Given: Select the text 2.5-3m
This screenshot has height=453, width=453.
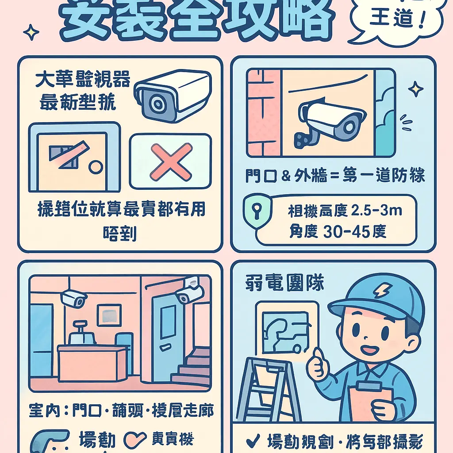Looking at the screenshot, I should point(376,211).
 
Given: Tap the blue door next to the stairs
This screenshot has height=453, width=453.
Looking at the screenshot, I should point(168,336).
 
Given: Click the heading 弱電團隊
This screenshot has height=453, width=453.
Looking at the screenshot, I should point(285,284).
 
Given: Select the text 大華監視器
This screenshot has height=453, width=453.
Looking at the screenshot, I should point(83,81).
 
